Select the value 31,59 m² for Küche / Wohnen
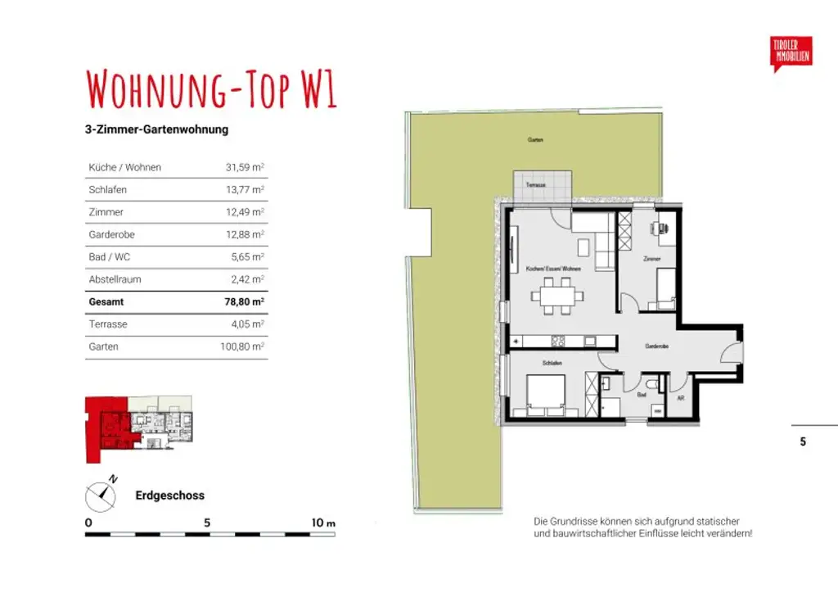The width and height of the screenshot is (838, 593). [245, 167]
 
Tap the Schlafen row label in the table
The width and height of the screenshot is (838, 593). [108, 189]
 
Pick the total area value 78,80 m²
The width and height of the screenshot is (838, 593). [244, 301]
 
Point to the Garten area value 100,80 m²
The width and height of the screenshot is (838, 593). [242, 346]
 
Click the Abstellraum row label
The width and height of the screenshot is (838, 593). [115, 279]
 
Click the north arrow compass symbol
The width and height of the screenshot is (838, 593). [101, 493]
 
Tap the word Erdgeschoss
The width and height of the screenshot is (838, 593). [170, 496]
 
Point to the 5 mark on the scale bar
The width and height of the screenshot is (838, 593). [207, 523]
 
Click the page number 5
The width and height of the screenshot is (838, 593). [803, 441]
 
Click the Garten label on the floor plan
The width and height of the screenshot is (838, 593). [535, 140]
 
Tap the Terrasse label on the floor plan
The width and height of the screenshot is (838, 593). [536, 186]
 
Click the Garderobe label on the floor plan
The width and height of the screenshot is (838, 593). [657, 346]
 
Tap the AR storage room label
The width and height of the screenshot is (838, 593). [680, 398]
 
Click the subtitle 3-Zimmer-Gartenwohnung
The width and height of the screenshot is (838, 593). [156, 129]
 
